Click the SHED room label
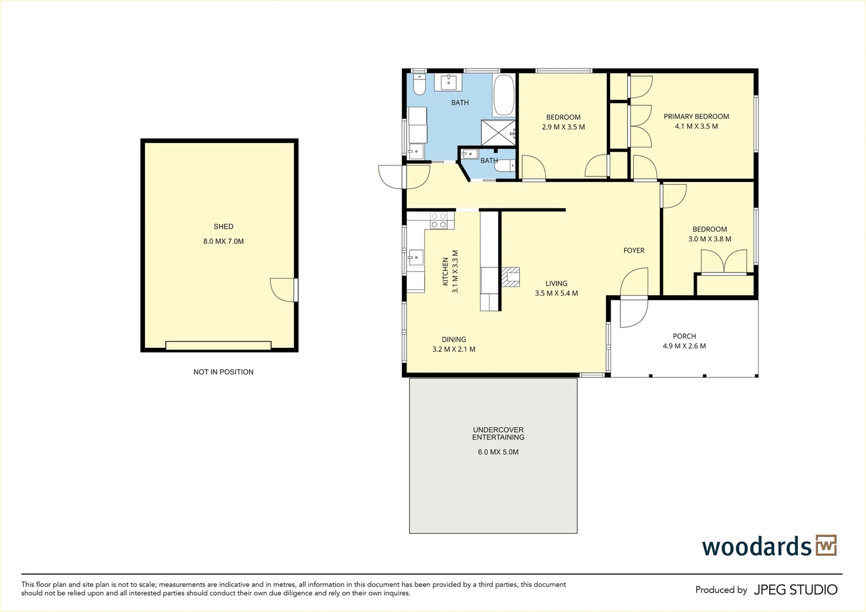pyautogui.click(x=223, y=226)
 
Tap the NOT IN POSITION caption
pyautogui.click(x=223, y=372)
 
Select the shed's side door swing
pyautogui.click(x=282, y=290)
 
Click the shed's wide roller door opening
pyautogui.click(x=218, y=346)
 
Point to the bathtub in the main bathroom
pyautogui.click(x=503, y=95)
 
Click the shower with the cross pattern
pyautogui.click(x=497, y=133)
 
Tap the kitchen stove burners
pyautogui.click(x=439, y=220)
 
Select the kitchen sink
pyautogui.click(x=415, y=257)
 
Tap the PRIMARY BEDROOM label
pyautogui.click(x=696, y=116)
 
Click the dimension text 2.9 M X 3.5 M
pyautogui.click(x=563, y=127)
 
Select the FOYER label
pyautogui.click(x=634, y=250)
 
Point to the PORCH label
pyautogui.click(x=684, y=336)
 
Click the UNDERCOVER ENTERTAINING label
pyautogui.click(x=498, y=433)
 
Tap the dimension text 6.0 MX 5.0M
pyautogui.click(x=498, y=452)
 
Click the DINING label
pyautogui.click(x=454, y=339)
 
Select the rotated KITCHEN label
pyautogui.click(x=445, y=271)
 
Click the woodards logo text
pyautogui.click(x=757, y=547)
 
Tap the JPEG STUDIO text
pyautogui.click(x=795, y=590)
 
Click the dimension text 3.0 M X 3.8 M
pyautogui.click(x=709, y=239)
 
